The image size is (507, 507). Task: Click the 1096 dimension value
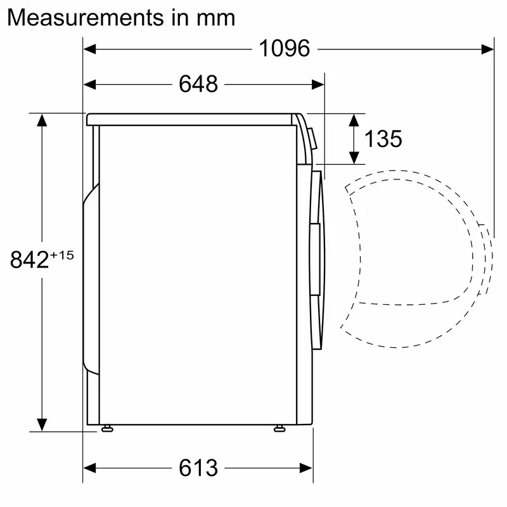[284, 48]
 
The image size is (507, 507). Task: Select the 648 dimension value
[198, 84]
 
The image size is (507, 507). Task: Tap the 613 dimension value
[198, 468]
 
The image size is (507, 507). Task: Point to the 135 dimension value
[383, 139]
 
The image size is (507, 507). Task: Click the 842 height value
[30, 259]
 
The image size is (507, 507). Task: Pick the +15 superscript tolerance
[62, 255]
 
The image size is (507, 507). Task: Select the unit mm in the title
[215, 17]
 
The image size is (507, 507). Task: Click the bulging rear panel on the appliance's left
[91, 279]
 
